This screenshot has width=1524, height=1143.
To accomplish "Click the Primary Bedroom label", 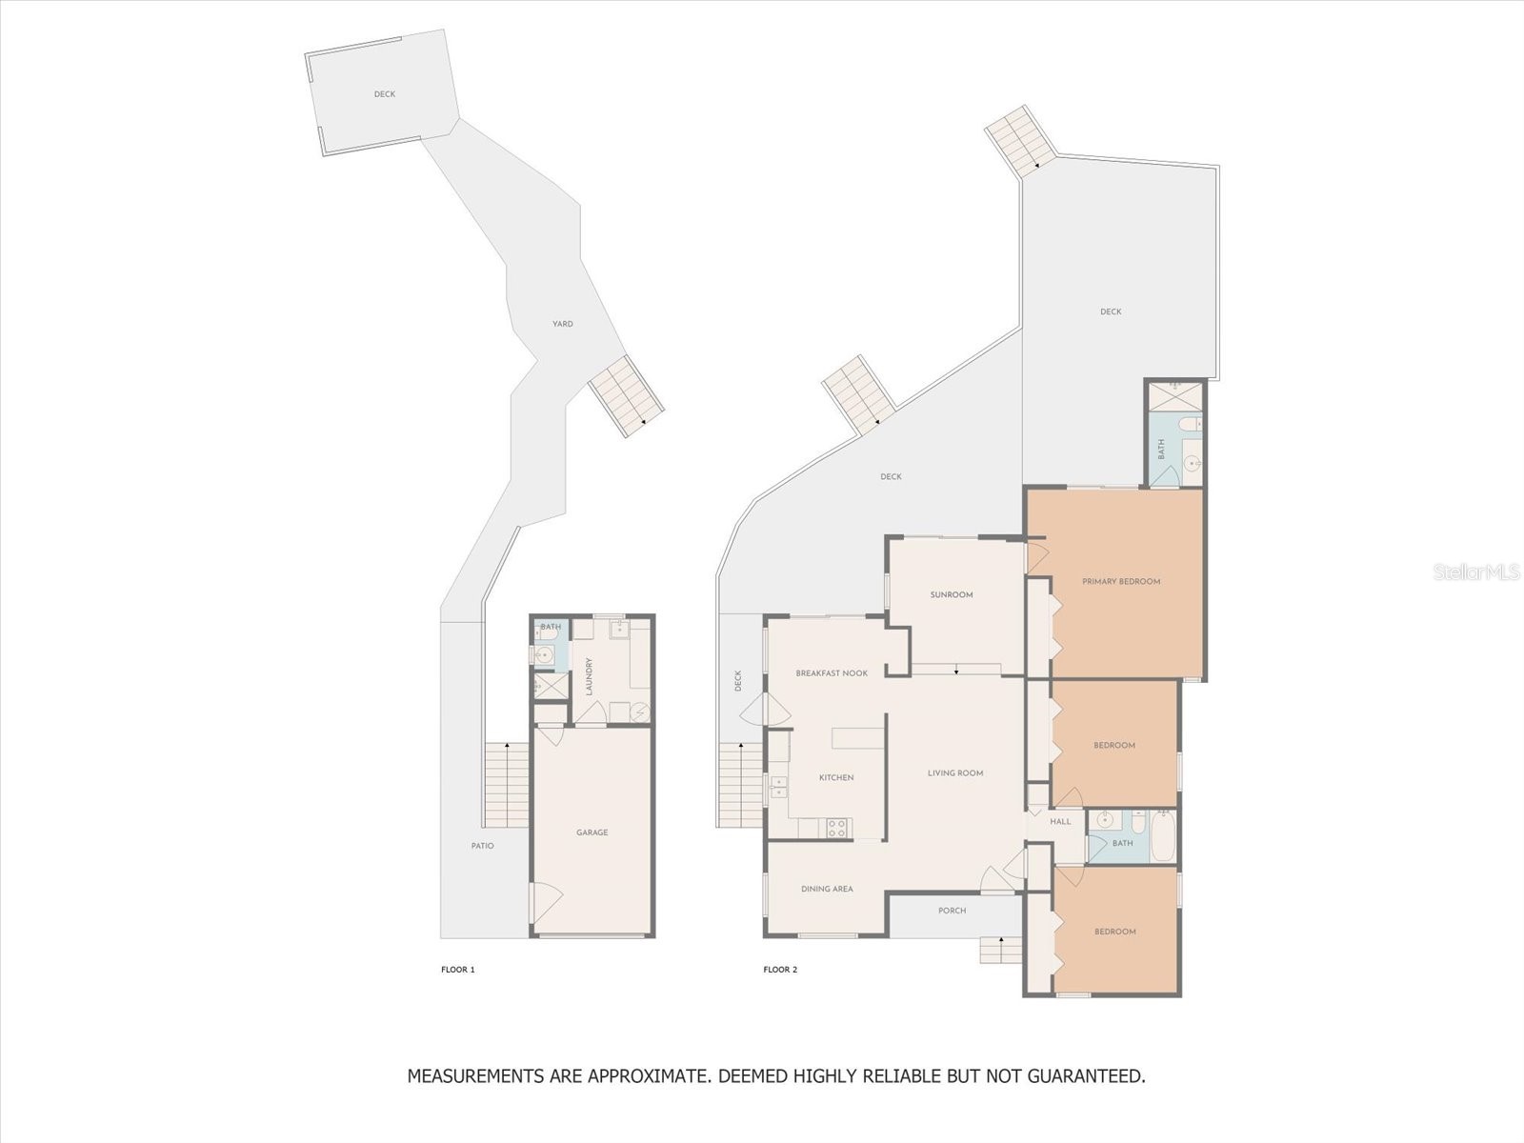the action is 1120,582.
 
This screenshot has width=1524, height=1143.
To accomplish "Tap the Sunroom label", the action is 952,594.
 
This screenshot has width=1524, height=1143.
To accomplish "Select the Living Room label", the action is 955,773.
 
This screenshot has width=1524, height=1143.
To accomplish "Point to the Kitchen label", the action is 836,778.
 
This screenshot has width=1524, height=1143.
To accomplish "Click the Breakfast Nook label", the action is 832,673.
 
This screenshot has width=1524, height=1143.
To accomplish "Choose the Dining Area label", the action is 827,889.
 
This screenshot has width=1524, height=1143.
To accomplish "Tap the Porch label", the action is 952,911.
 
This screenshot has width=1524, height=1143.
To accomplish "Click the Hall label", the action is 1060,822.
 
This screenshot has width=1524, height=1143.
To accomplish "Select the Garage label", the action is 592,832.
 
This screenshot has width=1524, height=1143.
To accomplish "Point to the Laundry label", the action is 589,676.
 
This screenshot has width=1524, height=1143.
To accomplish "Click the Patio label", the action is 483,846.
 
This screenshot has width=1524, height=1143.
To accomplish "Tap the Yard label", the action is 562,324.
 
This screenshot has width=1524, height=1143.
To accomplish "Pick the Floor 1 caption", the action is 457,970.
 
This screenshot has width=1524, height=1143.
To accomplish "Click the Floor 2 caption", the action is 780,970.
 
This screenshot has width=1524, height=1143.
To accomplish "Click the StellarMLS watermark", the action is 1476,572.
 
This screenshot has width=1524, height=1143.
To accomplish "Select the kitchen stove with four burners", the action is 836,828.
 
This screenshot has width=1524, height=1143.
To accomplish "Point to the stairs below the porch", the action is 1001,950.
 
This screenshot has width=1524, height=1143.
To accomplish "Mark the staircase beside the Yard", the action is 626,396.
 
